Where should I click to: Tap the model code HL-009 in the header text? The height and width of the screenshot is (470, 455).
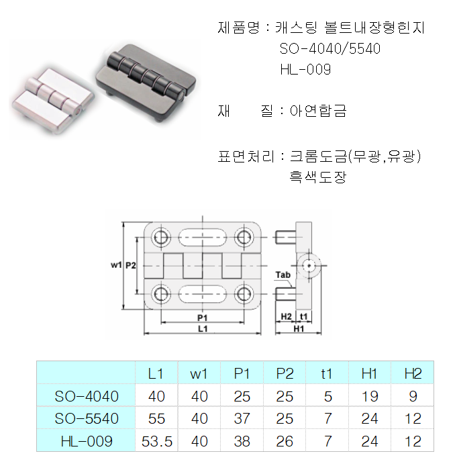[x=305, y=69]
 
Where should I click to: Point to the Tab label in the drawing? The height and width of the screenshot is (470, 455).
[x=283, y=276]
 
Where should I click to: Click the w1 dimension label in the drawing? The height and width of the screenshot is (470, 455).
[x=115, y=265]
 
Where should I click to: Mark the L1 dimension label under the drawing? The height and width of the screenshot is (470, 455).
[x=202, y=329]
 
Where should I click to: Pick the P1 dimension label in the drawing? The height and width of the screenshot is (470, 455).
[x=202, y=317]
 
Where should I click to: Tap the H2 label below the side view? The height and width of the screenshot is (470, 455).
[x=285, y=316]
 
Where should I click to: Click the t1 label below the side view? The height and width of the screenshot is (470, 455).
[x=303, y=316]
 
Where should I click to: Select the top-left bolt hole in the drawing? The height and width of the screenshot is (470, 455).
[x=161, y=237]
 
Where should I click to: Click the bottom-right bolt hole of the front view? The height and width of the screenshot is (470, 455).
[x=243, y=293]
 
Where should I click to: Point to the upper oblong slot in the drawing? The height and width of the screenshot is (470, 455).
[x=202, y=237]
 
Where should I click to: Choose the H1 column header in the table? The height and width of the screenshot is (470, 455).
[x=369, y=374]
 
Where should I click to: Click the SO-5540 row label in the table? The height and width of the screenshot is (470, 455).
[x=87, y=418]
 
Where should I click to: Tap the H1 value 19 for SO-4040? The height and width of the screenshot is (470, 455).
[x=369, y=396]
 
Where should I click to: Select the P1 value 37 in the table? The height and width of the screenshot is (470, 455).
[x=242, y=418]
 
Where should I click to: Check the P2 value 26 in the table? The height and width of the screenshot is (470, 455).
[x=285, y=441]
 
